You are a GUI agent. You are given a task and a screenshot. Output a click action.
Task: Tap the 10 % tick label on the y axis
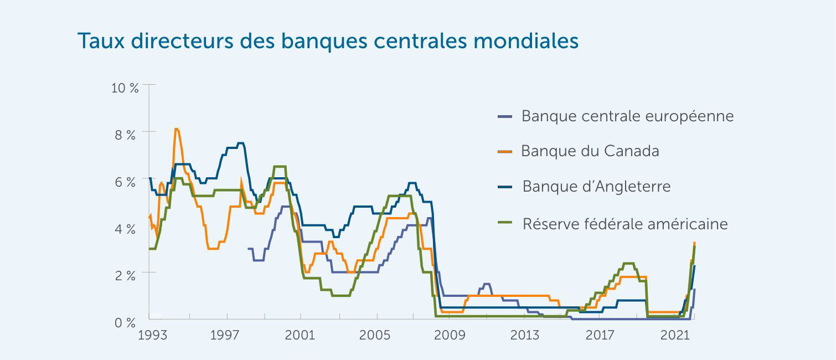(x=126, y=88)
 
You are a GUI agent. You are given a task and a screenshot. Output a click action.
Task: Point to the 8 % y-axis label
(x=126, y=135)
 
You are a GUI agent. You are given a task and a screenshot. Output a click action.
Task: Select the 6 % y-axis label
(x=126, y=182)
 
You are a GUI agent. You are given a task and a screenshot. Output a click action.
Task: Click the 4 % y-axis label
(x=126, y=229)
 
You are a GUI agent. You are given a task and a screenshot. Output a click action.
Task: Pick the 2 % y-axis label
(x=126, y=275)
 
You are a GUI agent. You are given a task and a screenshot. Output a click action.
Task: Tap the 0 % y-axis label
(x=126, y=322)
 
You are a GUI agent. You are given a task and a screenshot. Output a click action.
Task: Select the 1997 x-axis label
(x=224, y=335)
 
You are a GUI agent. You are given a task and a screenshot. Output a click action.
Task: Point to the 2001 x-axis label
(x=300, y=335)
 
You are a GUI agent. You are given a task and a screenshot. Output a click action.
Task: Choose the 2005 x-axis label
(x=375, y=335)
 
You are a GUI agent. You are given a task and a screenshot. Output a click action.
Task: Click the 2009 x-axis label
(x=450, y=335)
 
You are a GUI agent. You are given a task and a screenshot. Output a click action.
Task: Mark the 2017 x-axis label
(x=600, y=335)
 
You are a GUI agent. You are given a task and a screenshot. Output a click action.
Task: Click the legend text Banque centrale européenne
(x=627, y=116)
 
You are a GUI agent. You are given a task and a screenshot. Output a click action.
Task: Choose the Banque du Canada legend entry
(x=590, y=151)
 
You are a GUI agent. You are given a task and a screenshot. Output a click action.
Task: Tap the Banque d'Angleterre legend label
(x=596, y=186)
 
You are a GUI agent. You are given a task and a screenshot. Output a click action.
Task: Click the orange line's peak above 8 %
(x=176, y=129)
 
